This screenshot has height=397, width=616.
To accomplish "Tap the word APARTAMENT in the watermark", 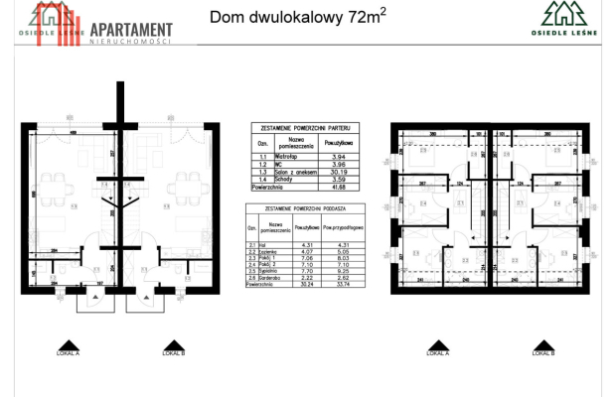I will pyautogui.click(x=129, y=31).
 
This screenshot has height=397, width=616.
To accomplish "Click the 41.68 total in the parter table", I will pyautogui.click(x=333, y=186).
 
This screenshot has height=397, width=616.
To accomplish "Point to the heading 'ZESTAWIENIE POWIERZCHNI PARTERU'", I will pyautogui.click(x=304, y=129).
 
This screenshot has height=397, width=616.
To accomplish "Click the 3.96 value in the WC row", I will pyautogui.click(x=333, y=164).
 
